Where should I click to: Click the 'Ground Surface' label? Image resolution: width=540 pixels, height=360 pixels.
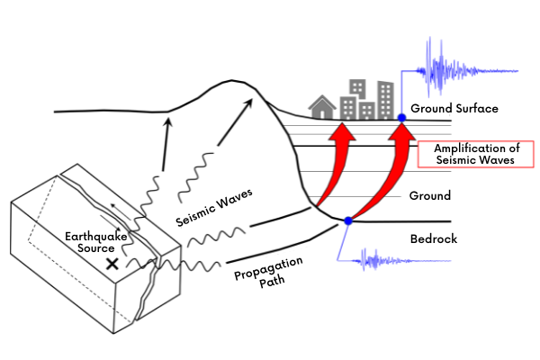[x=454, y=109]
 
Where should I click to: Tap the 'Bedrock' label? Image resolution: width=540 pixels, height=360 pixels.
[x=433, y=238]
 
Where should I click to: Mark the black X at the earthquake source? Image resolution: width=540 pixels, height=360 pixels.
[x=112, y=264]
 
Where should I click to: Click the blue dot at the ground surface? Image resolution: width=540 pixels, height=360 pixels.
[x=401, y=117]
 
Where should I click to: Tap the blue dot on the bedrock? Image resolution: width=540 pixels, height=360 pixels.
[x=348, y=220]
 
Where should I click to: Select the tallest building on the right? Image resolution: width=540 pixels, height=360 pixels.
[x=385, y=100]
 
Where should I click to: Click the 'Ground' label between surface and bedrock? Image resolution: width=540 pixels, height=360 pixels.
[x=429, y=195]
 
